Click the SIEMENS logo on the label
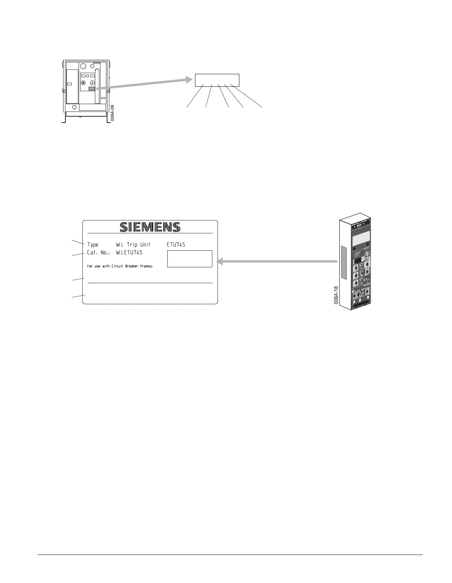[150, 227]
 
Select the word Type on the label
[93, 245]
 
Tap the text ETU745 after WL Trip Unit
[176, 245]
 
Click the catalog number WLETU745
[129, 253]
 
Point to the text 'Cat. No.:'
[99, 253]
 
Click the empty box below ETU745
[190, 258]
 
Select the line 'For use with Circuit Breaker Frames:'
[120, 266]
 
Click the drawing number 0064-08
[113, 113]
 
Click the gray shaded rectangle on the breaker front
[92, 89]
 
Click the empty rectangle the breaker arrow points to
[217, 80]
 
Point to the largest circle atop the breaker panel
[83, 66]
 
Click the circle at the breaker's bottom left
[74, 107]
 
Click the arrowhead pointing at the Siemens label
[219, 262]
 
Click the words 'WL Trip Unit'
[133, 245]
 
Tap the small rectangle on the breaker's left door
[69, 84]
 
